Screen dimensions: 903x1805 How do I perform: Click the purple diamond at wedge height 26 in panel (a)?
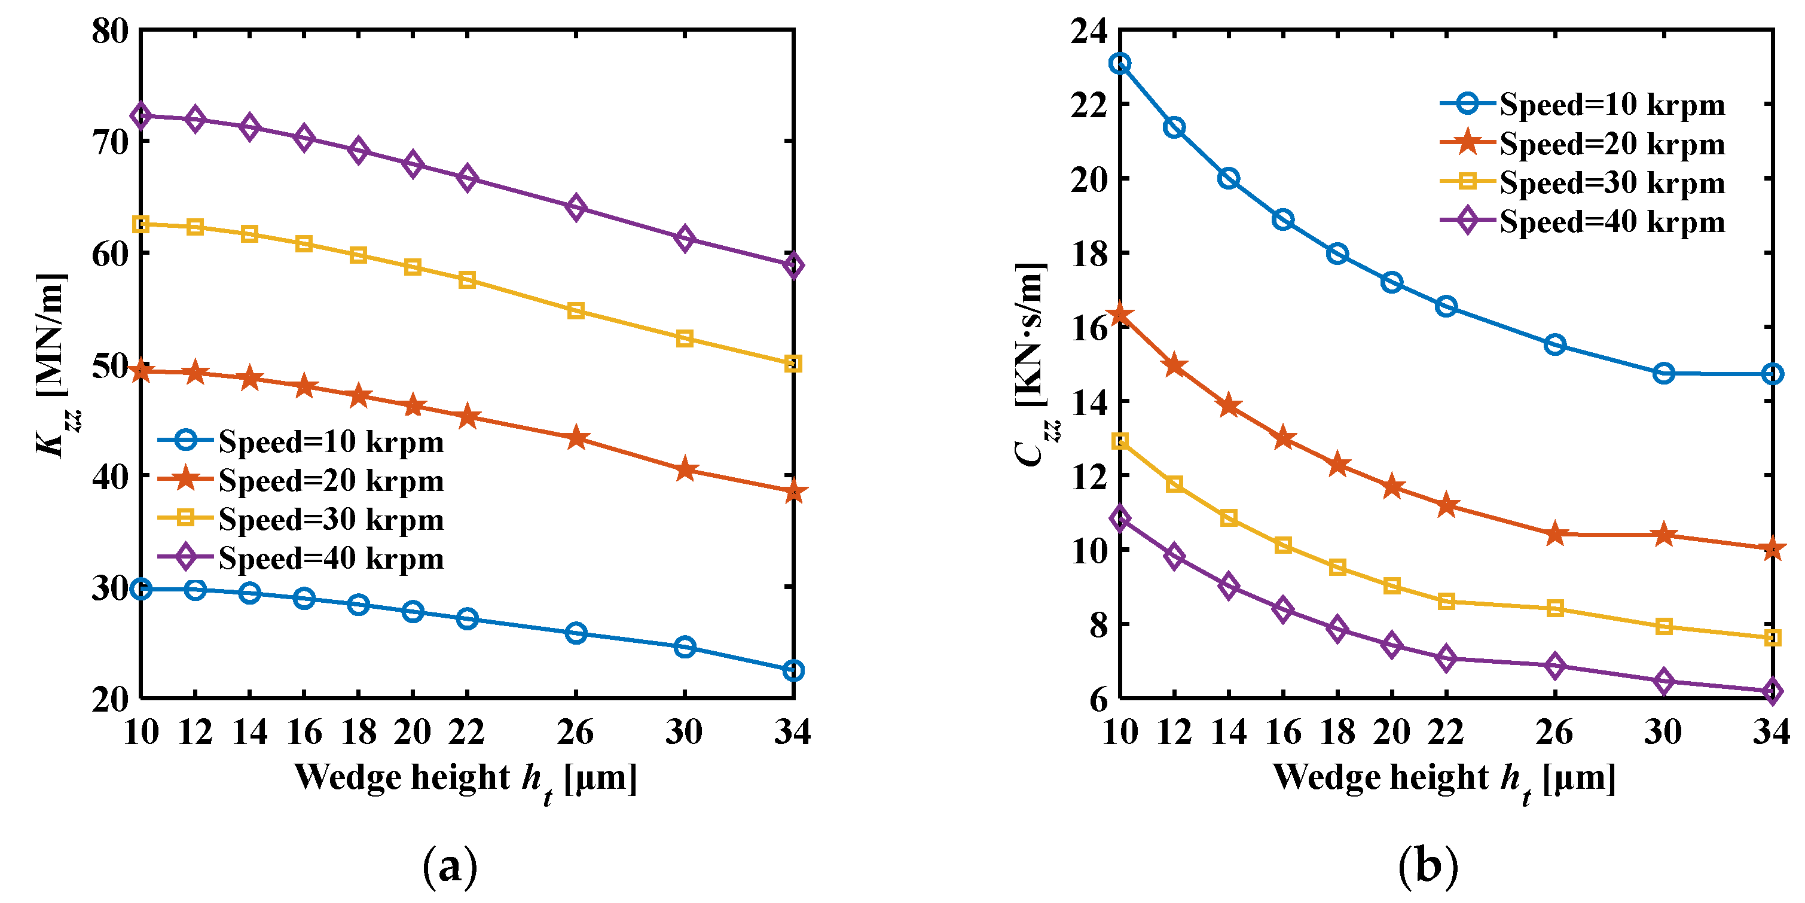click(x=575, y=208)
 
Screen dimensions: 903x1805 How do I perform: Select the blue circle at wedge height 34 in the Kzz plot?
click(x=793, y=670)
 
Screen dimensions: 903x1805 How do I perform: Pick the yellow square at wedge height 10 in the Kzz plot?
click(x=141, y=224)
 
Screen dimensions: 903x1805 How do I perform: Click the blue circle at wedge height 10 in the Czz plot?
click(x=1120, y=64)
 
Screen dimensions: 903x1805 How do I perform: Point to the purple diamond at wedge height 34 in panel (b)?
click(x=1772, y=691)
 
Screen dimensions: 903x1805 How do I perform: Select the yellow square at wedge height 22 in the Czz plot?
click(x=1446, y=601)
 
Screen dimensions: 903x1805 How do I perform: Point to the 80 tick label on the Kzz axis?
click(x=111, y=32)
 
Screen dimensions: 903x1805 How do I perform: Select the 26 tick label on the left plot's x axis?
click(x=575, y=732)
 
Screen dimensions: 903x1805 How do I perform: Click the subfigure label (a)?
click(x=450, y=867)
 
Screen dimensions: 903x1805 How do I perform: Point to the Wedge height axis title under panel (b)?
click(x=1444, y=780)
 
